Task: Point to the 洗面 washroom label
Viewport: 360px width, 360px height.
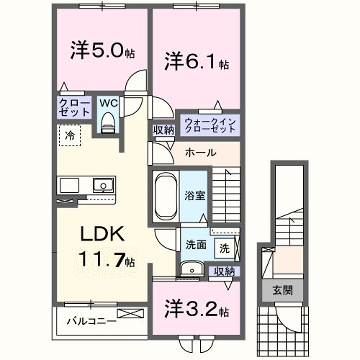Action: pos(195,243)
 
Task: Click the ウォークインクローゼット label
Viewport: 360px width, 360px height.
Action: pos(209,127)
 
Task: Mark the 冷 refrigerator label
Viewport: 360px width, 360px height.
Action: pos(71,134)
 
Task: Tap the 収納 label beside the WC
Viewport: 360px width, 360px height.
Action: pos(162,129)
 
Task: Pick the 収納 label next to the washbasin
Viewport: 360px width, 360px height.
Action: pos(225,271)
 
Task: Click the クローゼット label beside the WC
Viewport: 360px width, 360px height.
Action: pos(77,108)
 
